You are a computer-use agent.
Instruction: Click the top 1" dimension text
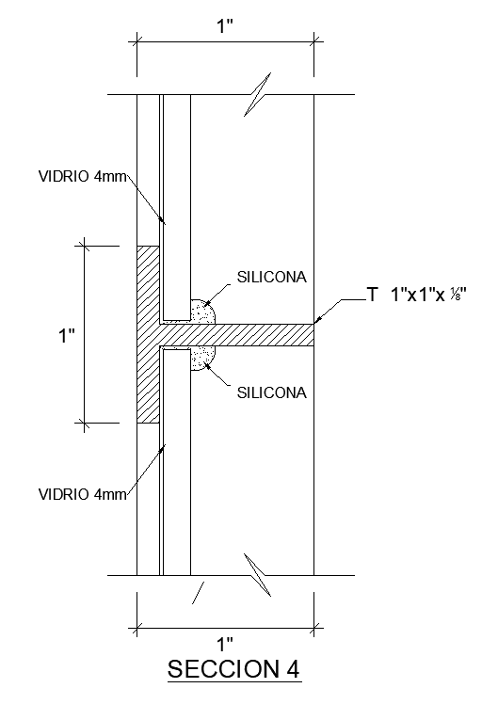pos(225,25)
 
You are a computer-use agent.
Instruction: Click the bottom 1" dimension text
pos(225,645)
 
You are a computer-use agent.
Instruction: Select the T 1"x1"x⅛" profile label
pos(418,296)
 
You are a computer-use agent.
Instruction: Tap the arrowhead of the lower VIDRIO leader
pos(164,448)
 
